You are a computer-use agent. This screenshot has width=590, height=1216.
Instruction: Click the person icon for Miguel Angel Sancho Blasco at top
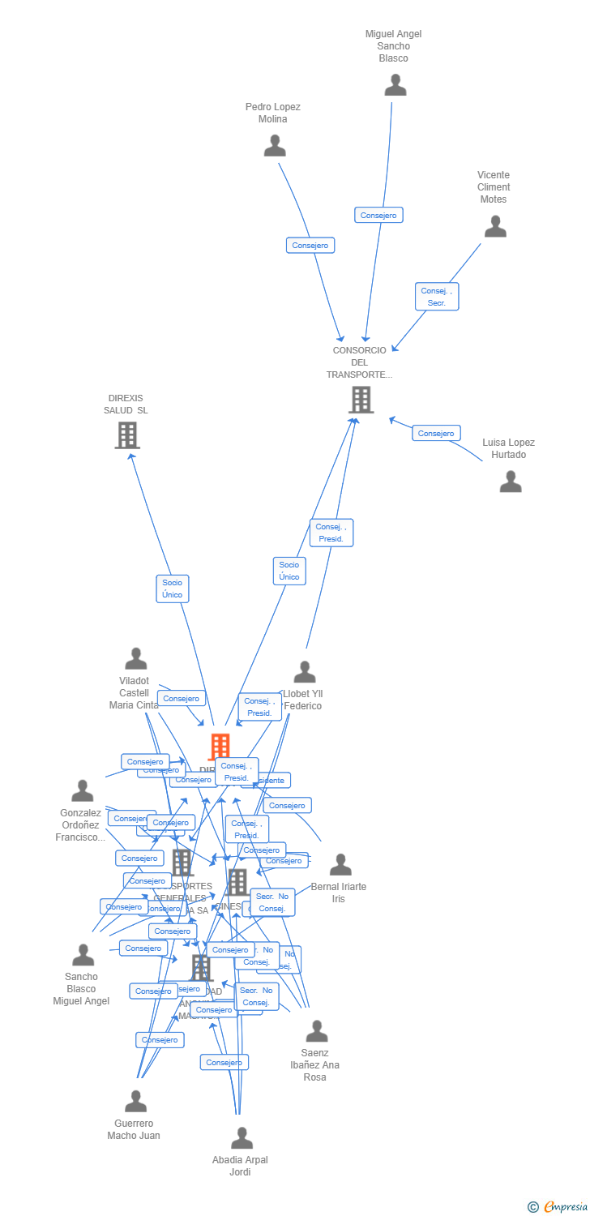(x=395, y=85)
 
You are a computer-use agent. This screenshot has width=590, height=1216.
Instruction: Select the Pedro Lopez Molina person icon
(x=275, y=146)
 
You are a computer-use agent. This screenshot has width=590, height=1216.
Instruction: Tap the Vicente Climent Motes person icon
(x=495, y=226)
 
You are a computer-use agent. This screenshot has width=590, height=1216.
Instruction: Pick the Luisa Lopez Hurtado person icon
(x=511, y=482)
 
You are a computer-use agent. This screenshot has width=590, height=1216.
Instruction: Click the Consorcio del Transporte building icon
(x=361, y=400)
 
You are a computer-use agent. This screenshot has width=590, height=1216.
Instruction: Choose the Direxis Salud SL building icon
(x=127, y=435)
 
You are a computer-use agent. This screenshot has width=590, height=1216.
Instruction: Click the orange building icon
(x=220, y=747)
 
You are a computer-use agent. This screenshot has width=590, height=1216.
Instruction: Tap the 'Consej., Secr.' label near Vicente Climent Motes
(x=438, y=296)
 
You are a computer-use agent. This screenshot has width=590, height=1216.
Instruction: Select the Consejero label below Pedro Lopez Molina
(x=310, y=245)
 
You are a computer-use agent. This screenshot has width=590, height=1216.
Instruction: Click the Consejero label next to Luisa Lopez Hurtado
(x=436, y=433)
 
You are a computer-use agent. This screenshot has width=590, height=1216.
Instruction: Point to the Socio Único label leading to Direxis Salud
(x=172, y=589)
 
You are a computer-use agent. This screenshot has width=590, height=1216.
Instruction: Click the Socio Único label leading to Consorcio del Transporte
(x=289, y=571)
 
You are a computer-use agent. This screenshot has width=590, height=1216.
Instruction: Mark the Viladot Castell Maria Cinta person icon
(x=136, y=659)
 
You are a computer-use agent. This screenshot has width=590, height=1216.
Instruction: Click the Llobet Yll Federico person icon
(x=305, y=672)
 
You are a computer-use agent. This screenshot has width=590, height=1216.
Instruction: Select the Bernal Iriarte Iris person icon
(x=340, y=864)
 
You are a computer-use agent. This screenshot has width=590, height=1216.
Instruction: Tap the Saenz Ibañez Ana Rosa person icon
(x=317, y=1031)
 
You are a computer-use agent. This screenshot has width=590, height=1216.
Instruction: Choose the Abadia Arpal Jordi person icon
(x=242, y=1138)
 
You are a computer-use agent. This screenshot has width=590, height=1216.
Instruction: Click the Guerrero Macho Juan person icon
(x=135, y=1102)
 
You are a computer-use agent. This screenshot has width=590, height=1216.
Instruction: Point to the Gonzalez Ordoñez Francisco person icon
(x=83, y=790)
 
